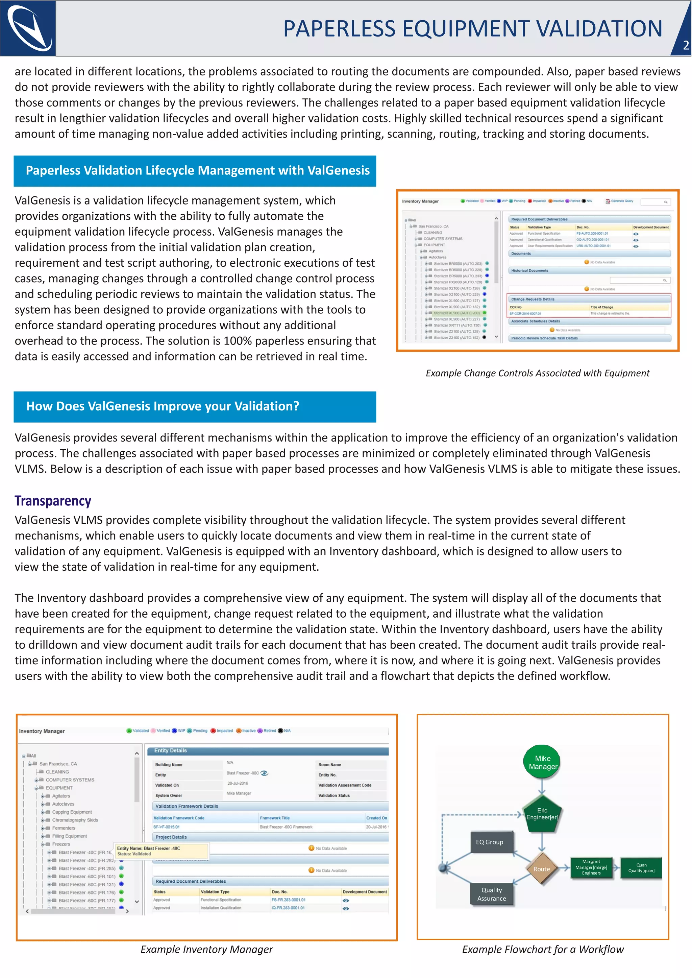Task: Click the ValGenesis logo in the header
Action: click(x=28, y=28)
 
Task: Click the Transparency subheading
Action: click(x=53, y=501)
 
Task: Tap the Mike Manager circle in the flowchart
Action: click(x=542, y=762)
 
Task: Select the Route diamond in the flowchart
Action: click(x=542, y=869)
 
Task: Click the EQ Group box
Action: click(x=490, y=842)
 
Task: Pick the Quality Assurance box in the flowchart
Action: click(x=491, y=894)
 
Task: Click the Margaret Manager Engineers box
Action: click(x=591, y=867)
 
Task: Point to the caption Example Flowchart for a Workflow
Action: click(x=542, y=950)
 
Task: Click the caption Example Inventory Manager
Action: click(x=207, y=950)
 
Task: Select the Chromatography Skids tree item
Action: click(x=75, y=820)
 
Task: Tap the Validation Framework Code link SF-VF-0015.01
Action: click(x=167, y=827)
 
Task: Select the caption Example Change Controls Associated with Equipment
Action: click(x=537, y=374)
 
